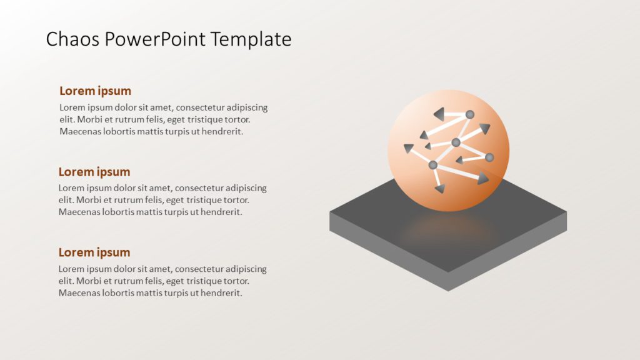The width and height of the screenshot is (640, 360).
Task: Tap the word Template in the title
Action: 251,39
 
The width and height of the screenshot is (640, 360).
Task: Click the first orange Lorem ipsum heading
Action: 95,91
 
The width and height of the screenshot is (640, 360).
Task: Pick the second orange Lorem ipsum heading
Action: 94,172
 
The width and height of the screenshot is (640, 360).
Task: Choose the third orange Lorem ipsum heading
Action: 94,252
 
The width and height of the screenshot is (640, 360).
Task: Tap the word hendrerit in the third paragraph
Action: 219,292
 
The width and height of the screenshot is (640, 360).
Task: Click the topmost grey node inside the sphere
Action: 470,114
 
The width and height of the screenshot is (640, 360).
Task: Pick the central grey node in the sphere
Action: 456,142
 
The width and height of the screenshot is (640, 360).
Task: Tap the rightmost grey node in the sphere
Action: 489,157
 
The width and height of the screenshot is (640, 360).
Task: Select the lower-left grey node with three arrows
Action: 432,165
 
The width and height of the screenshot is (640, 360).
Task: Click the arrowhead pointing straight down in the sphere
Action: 440,188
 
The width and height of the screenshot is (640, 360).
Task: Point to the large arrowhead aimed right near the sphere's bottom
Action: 482,180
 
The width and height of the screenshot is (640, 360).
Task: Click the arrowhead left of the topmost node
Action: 439,114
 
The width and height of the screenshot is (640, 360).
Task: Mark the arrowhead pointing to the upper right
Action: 484,129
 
